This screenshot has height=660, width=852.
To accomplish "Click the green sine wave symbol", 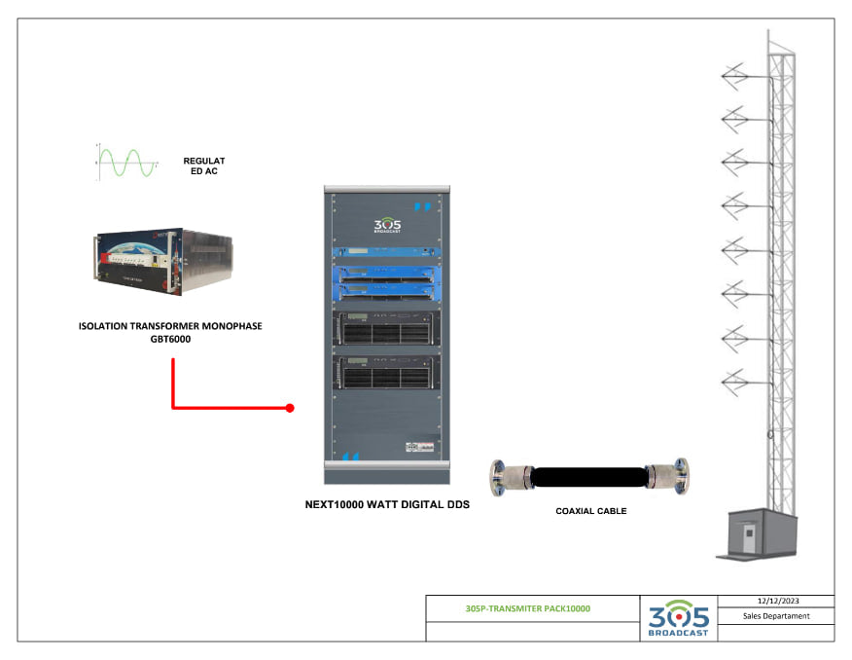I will click(x=125, y=162).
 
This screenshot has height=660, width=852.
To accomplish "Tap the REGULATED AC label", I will click(x=204, y=165).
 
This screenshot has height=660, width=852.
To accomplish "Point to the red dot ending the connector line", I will click(x=290, y=408).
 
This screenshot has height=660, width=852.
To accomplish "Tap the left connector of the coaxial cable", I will click(x=509, y=477).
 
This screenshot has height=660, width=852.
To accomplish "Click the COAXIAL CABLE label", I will click(x=591, y=511).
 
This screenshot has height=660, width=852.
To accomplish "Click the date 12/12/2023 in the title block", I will click(x=775, y=601).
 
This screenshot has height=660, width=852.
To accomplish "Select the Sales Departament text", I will click(x=775, y=615).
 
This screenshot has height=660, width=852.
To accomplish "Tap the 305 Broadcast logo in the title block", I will click(x=678, y=618).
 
